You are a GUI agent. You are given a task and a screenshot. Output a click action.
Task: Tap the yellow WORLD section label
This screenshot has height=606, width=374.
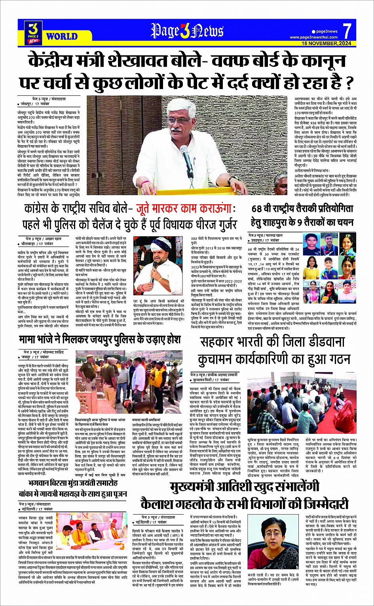coord(61,37)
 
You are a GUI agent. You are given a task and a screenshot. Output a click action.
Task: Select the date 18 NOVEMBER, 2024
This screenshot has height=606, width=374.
coord(327,43)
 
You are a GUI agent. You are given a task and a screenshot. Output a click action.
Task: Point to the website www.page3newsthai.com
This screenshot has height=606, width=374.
coord(313,37)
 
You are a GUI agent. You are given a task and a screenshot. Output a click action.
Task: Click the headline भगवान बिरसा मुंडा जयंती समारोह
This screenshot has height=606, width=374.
coord(73,483)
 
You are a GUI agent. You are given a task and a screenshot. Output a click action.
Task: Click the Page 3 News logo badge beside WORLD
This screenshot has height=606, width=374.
coord(34,32)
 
